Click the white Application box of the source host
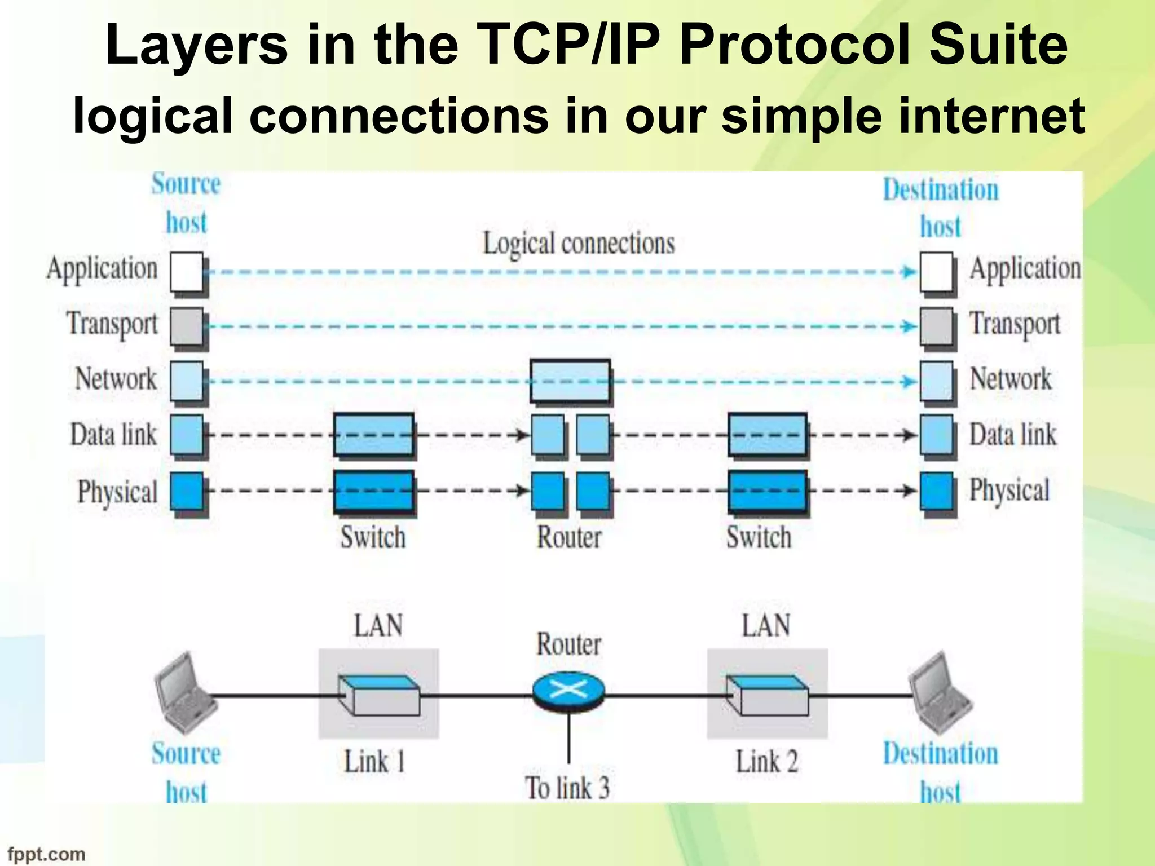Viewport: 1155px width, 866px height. point(187,272)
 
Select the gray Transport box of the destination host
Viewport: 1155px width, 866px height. point(937,326)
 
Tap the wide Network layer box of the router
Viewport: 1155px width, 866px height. point(570,381)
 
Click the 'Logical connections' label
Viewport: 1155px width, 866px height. point(579,244)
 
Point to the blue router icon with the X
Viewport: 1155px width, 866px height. point(568,690)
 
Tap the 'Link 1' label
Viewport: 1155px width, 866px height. point(374,762)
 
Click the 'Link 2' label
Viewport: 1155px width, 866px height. point(766,762)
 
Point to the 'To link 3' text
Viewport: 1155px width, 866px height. point(567,788)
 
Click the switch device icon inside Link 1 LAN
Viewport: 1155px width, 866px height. point(379,695)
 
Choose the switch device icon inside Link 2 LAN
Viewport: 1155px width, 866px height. point(768,695)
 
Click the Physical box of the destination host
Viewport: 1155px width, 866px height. point(937,491)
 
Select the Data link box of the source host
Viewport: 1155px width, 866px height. point(187,435)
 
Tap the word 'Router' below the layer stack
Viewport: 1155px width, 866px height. point(569,537)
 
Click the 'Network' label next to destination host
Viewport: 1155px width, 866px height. point(1010,378)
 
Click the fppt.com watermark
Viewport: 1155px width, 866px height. point(46,854)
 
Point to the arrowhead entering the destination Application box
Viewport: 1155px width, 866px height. point(909,272)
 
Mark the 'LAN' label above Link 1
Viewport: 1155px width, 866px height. point(378,626)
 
